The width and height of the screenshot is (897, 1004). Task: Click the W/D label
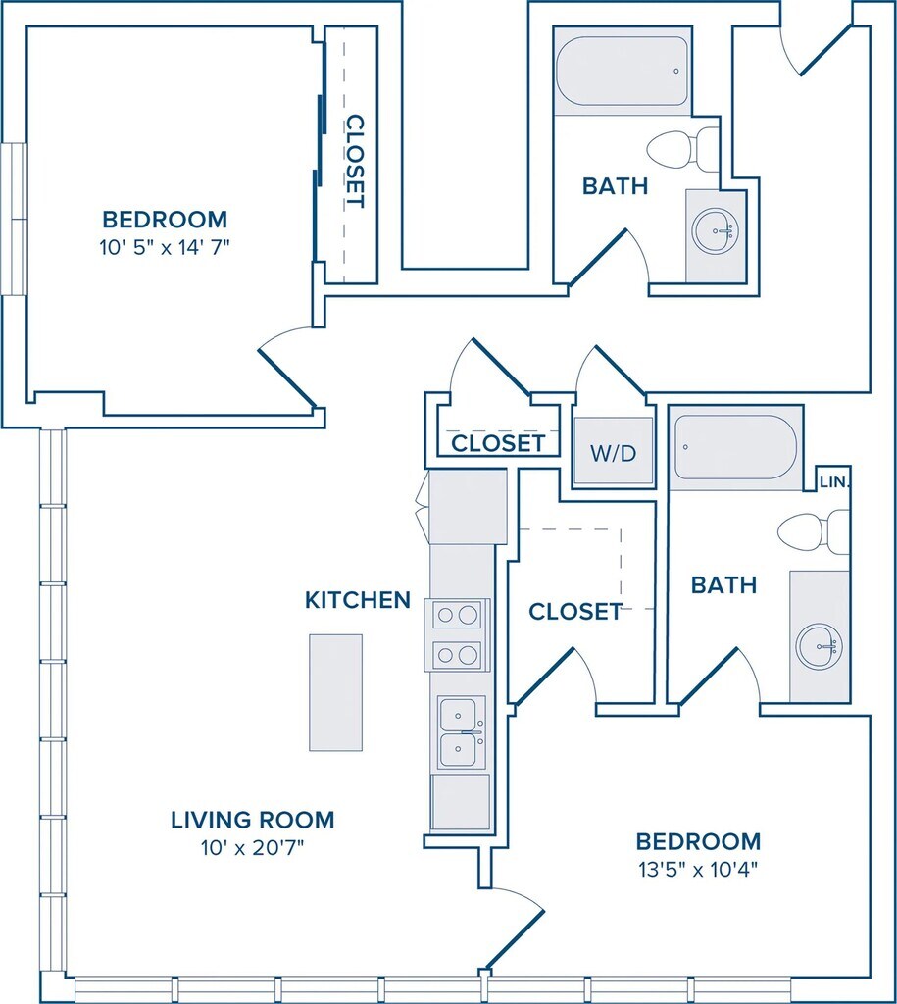614,453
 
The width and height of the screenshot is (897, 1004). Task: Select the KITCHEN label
357,600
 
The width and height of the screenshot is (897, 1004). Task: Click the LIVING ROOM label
252,820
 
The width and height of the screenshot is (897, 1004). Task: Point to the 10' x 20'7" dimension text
252,848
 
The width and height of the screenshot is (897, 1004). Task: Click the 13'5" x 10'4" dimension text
698,870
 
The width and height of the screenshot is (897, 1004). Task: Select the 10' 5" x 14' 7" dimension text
165,247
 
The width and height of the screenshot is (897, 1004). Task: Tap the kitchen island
335,692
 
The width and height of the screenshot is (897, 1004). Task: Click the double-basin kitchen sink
461,732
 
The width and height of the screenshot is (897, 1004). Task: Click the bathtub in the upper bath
622,71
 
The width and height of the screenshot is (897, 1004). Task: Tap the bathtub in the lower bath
736,446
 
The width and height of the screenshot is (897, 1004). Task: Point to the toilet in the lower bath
813,531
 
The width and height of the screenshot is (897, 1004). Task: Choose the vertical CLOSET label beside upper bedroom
355,162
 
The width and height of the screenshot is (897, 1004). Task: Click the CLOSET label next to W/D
498,443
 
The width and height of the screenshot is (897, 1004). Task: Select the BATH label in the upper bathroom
616,186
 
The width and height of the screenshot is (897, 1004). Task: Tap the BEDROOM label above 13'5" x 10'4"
698,840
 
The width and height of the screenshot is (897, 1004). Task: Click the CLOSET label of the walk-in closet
575,612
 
